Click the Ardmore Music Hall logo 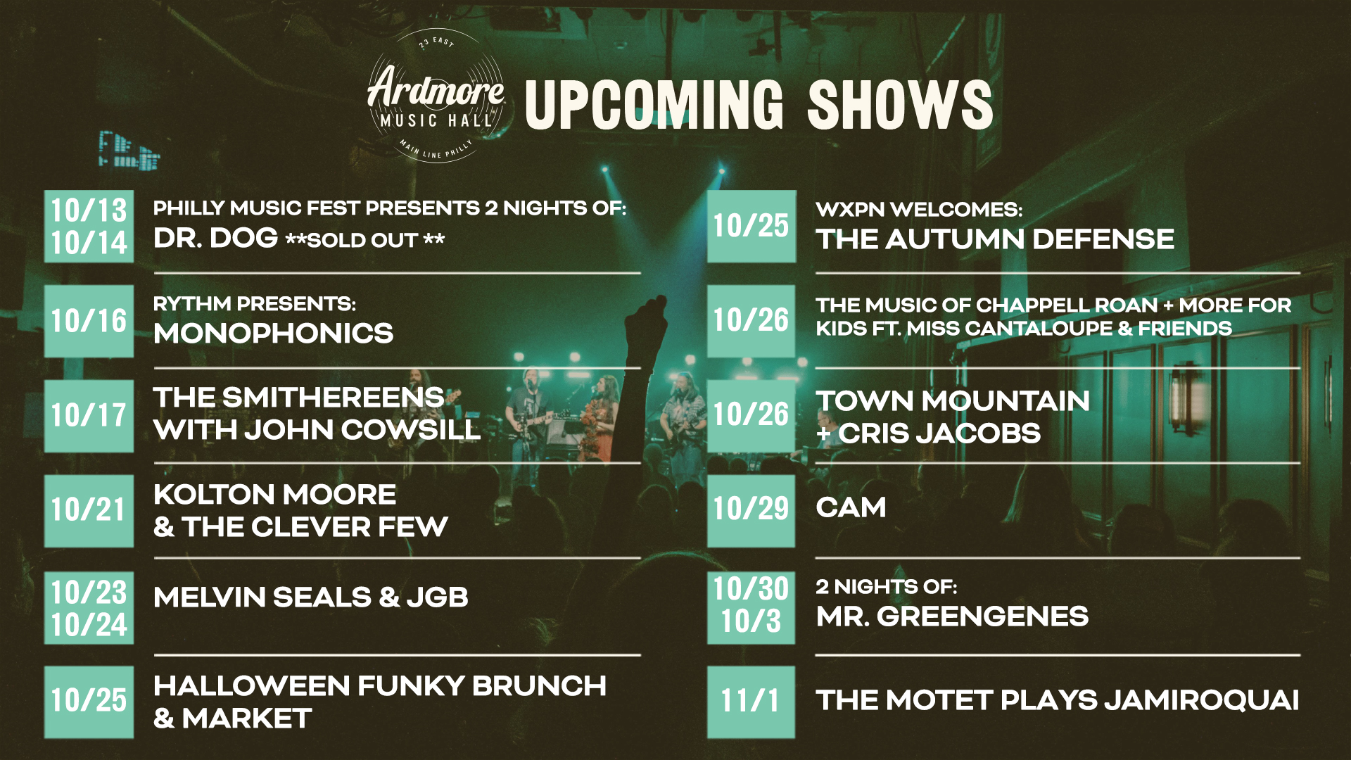pos(436,96)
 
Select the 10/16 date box pos(89,321)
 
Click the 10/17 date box pos(89,415)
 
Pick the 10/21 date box pos(89,510)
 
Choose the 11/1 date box pos(751,702)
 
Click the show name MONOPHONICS pos(273,334)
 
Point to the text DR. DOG pos(215,239)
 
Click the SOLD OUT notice pos(364,240)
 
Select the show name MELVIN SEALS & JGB pos(310,597)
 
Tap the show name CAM pos(851,508)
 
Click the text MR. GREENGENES pos(952,616)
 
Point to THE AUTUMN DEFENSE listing pos(995,239)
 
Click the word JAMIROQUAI pos(1201,700)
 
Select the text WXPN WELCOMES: pos(919,210)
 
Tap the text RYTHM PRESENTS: pos(255,304)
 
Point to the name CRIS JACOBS pos(939,433)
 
